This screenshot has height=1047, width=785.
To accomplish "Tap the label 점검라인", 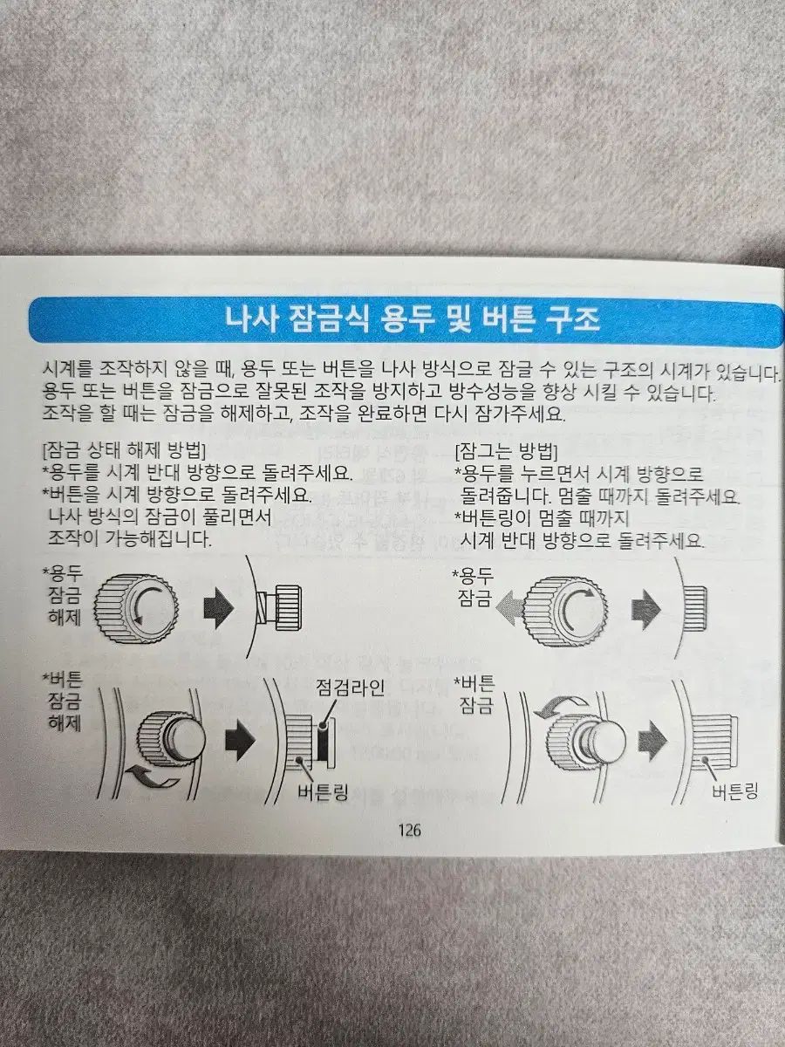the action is point(350,688).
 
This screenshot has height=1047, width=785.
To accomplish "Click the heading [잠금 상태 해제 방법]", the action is point(124,450).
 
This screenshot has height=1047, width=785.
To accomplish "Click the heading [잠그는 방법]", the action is point(507,451).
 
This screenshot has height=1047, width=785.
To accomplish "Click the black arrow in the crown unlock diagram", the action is point(219,608).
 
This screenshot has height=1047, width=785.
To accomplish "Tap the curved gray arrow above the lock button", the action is point(561,706).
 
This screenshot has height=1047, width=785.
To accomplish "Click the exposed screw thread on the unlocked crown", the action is point(264,609).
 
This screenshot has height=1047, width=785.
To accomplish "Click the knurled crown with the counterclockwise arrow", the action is point(138,606).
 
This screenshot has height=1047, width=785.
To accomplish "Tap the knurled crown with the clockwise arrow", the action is point(567,607).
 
